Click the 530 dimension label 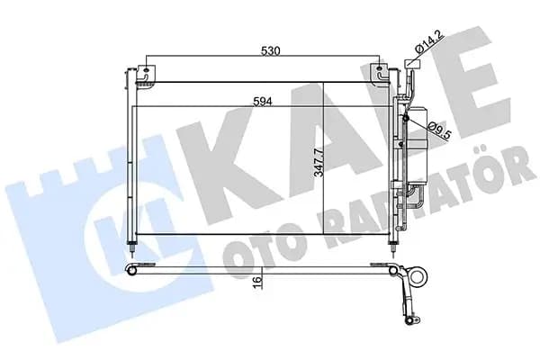click(271, 50)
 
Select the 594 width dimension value click(263, 102)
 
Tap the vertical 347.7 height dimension click(319, 163)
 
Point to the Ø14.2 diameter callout click(430, 41)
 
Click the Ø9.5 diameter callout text click(439, 130)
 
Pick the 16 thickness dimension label click(256, 282)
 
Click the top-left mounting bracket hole click(146, 70)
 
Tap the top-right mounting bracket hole click(379, 70)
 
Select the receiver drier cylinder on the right click(417, 146)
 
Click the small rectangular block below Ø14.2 click(413, 64)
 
